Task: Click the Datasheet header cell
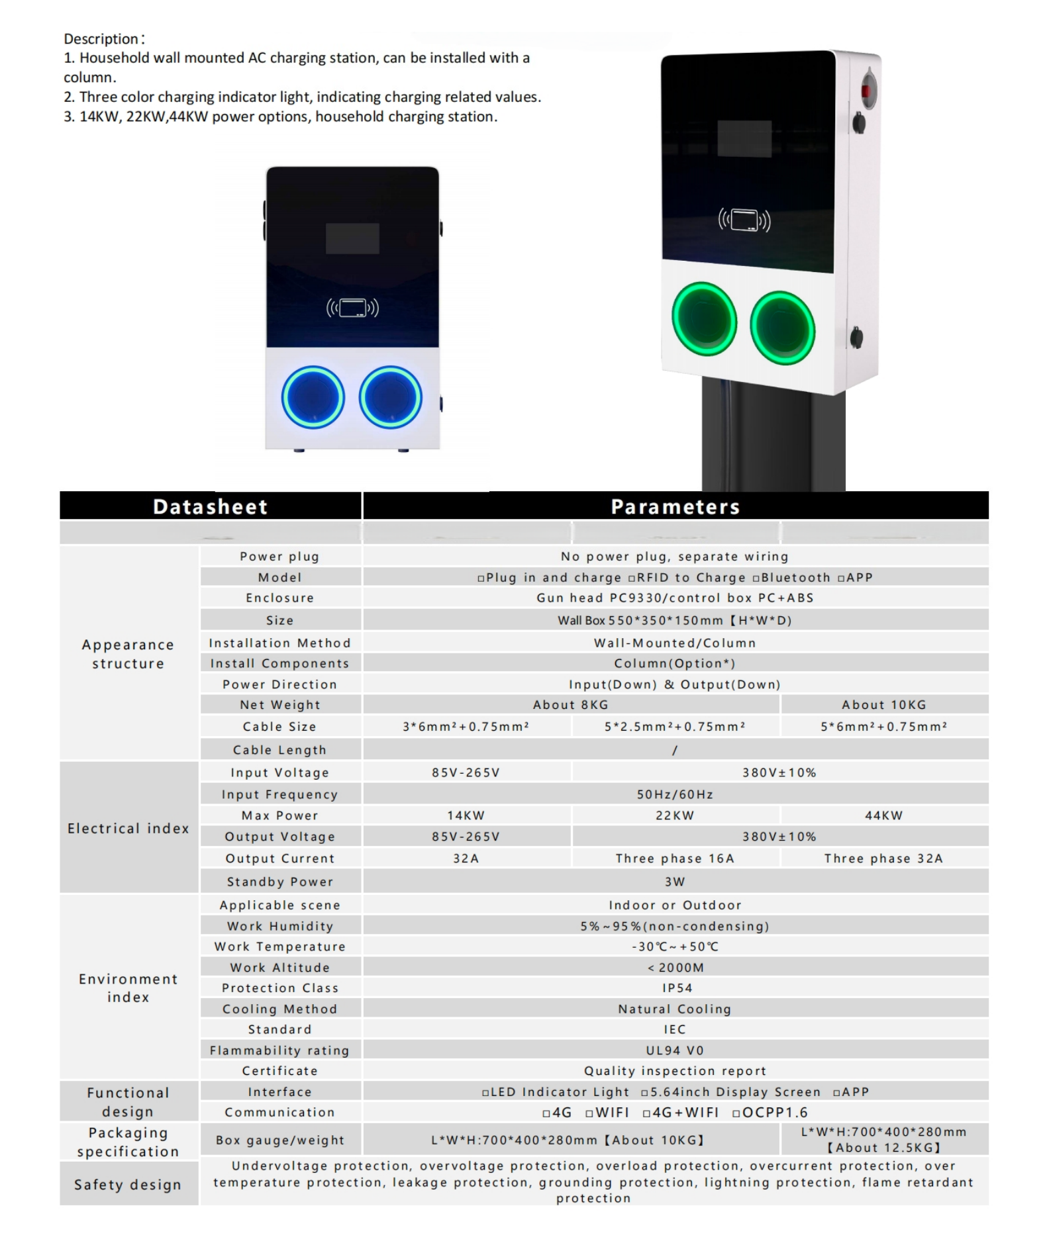click(210, 506)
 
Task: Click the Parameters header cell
click(675, 506)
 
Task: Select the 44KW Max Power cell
click(883, 815)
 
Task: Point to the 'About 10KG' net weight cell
click(883, 705)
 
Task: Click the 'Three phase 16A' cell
click(675, 858)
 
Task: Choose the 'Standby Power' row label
click(280, 882)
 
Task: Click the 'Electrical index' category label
click(128, 828)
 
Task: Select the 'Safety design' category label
click(128, 1184)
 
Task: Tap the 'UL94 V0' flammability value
click(675, 1050)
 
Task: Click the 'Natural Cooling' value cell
click(675, 1009)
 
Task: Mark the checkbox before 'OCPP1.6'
click(736, 1113)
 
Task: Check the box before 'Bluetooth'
click(756, 578)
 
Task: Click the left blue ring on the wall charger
click(313, 397)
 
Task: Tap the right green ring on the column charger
click(782, 328)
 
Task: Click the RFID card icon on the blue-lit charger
click(352, 308)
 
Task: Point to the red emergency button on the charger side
click(867, 91)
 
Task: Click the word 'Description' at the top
click(101, 39)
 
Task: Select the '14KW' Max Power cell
click(466, 815)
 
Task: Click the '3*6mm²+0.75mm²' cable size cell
click(466, 727)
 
